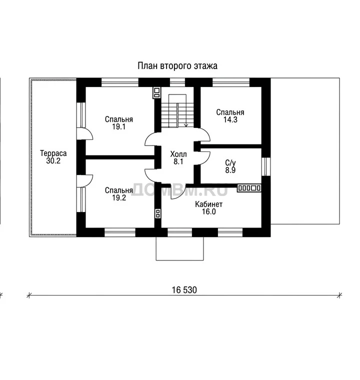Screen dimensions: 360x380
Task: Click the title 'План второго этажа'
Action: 177,66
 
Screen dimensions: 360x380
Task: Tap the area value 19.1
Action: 118,126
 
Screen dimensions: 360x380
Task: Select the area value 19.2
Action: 119,197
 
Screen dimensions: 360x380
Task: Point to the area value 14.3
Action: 230,119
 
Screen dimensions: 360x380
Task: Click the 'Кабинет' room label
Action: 208,204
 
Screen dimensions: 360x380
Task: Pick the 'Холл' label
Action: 178,154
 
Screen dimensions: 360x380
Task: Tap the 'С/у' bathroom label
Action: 230,162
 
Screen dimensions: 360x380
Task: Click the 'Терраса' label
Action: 53,153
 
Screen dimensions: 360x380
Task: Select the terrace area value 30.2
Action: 53,160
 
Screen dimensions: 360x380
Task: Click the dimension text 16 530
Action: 184,290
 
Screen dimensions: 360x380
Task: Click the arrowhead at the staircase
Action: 186,125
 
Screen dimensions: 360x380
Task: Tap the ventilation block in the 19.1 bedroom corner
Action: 156,92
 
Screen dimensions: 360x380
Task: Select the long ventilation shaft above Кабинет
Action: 249,188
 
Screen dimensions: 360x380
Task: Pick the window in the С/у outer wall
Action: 266,166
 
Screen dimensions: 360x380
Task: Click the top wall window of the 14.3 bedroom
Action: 231,82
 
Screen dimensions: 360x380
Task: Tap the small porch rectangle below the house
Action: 179,248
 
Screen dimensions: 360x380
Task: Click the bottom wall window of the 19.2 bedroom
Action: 120,232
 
